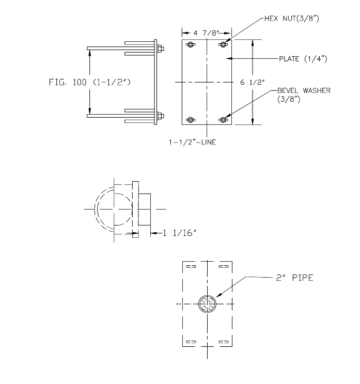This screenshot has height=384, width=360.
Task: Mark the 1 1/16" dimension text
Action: [x=179, y=234]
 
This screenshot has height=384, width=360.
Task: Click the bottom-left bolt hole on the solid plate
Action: [x=190, y=120]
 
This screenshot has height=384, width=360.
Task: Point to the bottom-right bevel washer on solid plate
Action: [x=223, y=120]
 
